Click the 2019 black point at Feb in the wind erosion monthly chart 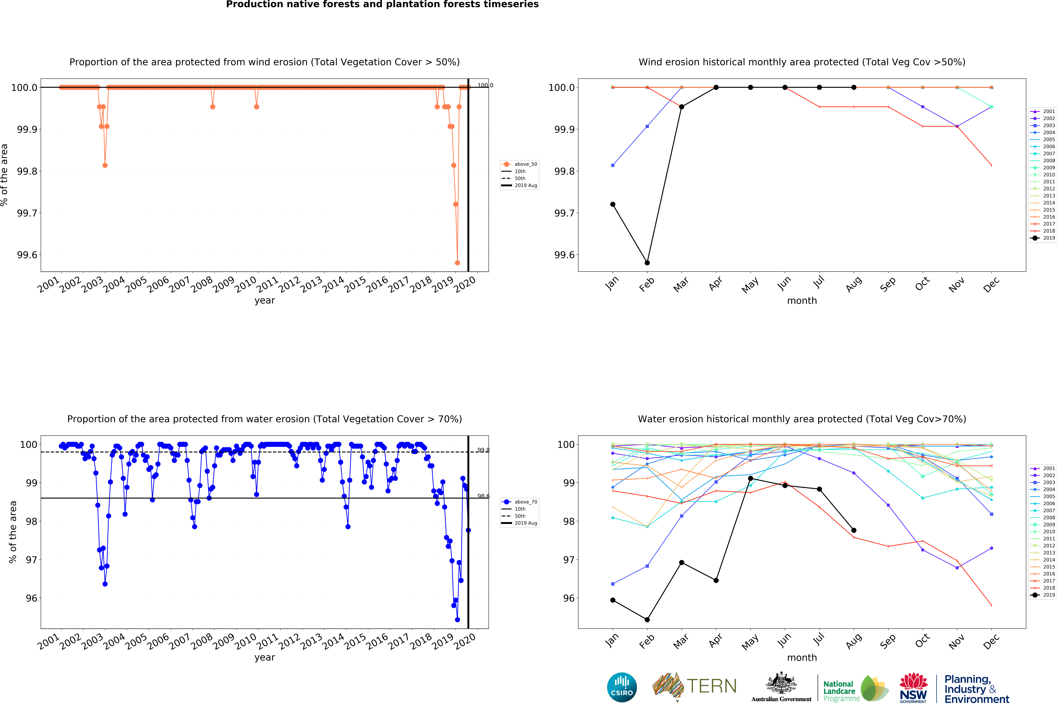pos(647,263)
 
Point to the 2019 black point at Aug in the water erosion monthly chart pos(854,530)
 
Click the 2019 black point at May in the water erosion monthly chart pos(750,478)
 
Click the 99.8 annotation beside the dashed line pos(483,450)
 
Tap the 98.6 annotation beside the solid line pos(483,496)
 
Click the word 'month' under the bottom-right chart pos(802,658)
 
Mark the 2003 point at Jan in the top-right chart pos(613,165)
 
